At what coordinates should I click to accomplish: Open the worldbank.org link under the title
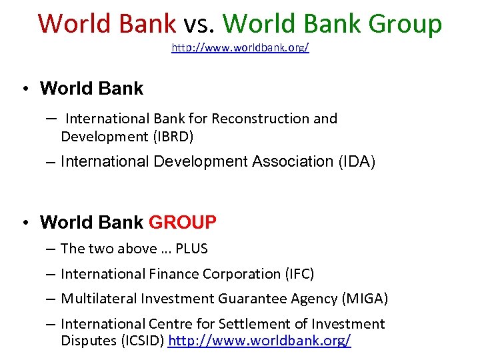[240, 49]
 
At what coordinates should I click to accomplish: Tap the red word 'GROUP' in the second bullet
[182, 222]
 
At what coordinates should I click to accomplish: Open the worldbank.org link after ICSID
[259, 341]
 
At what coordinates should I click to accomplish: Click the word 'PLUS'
[192, 249]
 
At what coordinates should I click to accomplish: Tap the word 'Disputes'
[87, 341]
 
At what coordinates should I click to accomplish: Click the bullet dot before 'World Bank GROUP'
[23, 222]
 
